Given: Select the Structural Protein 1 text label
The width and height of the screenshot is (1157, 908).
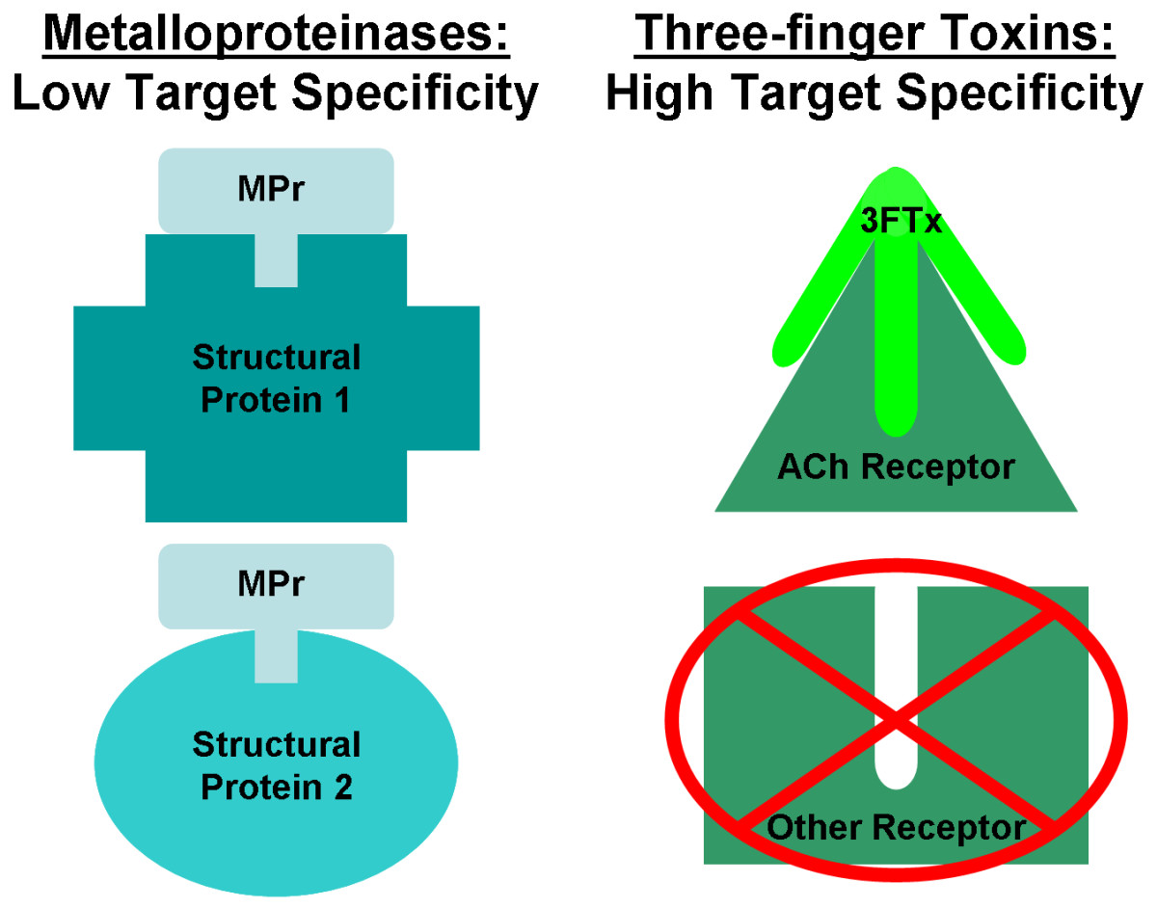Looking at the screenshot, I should pos(276,379).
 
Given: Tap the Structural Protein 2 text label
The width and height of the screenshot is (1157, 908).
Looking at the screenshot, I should pos(276,766).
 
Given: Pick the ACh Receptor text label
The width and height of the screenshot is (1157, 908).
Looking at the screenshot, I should pos(895,468).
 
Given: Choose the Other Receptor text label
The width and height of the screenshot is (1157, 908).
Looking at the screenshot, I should pos(895,827).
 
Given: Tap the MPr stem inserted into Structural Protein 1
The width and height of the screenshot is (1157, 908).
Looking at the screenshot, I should pos(276,260).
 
